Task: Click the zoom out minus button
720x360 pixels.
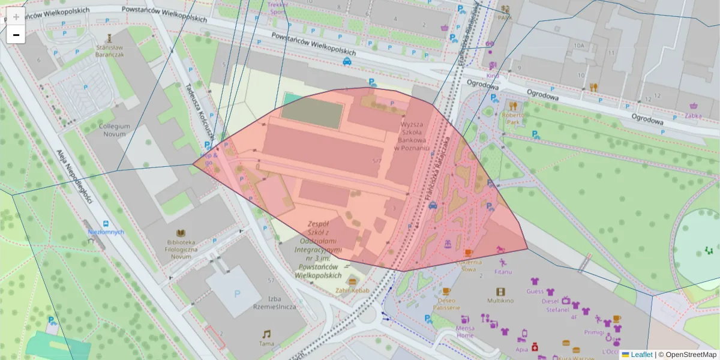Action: click(x=16, y=35)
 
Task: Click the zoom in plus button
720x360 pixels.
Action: click(x=16, y=17)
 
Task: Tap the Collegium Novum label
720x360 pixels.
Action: click(x=114, y=130)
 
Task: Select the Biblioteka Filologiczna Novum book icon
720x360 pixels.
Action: click(x=181, y=233)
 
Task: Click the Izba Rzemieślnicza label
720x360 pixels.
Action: click(x=266, y=302)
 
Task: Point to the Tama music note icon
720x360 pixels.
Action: click(x=266, y=334)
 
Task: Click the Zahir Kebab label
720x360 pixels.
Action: click(x=352, y=291)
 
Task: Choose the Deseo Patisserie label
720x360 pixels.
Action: click(x=446, y=304)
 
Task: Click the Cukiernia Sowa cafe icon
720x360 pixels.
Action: click(x=468, y=253)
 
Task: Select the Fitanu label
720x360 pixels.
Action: click(x=503, y=272)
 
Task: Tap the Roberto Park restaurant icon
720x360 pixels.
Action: click(x=512, y=106)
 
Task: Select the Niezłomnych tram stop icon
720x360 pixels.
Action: click(x=106, y=223)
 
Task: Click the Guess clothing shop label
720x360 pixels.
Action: click(x=535, y=291)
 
